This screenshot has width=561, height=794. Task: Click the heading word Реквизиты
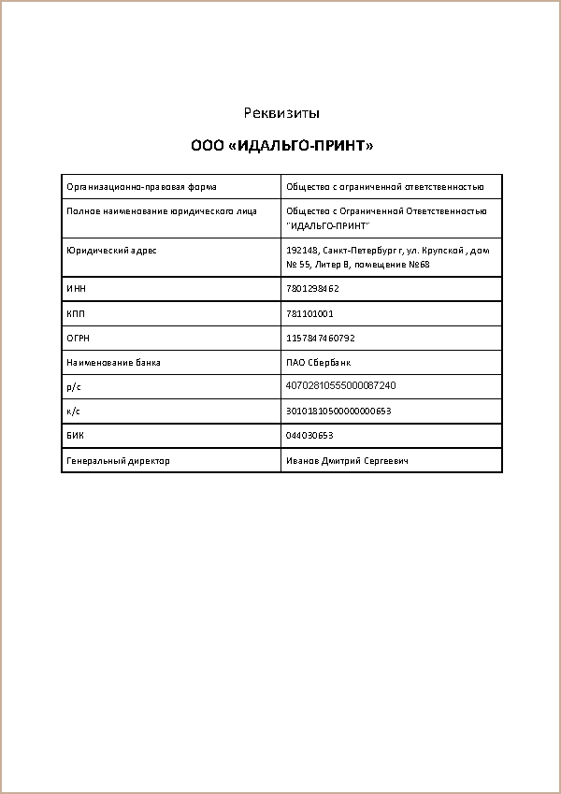tap(281, 113)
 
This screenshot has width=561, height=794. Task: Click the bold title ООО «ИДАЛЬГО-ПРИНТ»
tap(281, 146)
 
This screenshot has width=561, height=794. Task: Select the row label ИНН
tap(76, 289)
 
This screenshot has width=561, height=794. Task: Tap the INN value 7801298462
tap(312, 289)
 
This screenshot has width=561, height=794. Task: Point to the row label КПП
tap(76, 313)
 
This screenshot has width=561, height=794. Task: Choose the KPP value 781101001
tap(309, 313)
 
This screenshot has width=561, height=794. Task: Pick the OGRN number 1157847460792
tap(321, 338)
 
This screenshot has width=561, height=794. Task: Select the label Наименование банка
tap(107, 362)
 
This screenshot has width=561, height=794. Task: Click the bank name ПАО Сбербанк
tap(318, 362)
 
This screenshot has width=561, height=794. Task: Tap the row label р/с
tap(73, 385)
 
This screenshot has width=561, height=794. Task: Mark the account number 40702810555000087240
tap(340, 385)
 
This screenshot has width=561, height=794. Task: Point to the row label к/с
tap(73, 411)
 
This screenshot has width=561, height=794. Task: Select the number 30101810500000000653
tap(338, 411)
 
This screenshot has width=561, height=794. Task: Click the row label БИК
tap(76, 435)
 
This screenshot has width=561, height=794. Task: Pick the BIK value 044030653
tap(309, 435)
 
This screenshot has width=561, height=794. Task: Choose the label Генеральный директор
tap(118, 460)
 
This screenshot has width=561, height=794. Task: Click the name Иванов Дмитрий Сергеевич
tap(347, 460)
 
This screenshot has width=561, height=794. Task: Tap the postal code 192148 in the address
tap(301, 251)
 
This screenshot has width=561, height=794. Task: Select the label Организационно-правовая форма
tap(141, 187)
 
